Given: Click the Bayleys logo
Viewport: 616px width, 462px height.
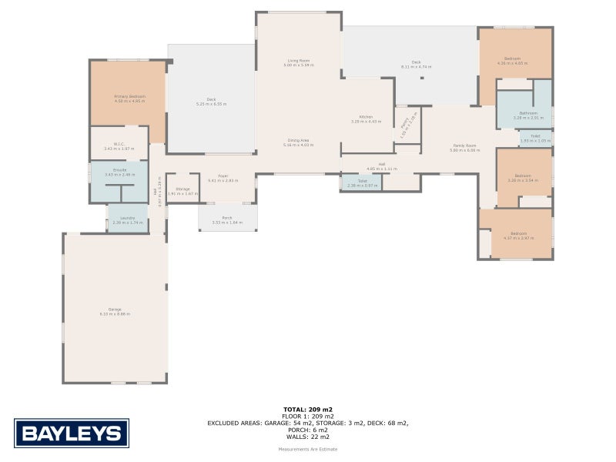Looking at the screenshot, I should point(72,433).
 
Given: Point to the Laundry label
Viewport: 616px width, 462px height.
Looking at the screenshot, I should point(128,219).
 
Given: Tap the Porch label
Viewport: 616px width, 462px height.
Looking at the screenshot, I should point(227,219).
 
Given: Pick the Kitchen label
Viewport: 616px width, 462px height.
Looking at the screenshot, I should point(366,119).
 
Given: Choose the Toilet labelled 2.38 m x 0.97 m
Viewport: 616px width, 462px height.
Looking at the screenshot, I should point(361,183).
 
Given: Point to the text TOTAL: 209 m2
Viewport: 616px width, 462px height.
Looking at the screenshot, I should point(308,409).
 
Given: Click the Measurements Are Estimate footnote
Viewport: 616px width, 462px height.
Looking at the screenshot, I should point(308,449).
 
